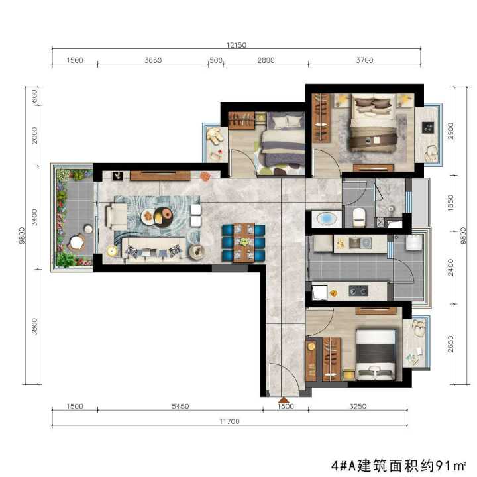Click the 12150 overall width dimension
click(x=236, y=45)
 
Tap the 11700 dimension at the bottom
click(x=229, y=421)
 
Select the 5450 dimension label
click(x=180, y=406)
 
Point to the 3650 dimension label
click(x=153, y=60)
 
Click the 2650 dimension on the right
click(x=450, y=344)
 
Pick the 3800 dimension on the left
click(x=34, y=327)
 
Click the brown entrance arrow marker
click(x=284, y=399)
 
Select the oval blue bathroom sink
click(x=327, y=219)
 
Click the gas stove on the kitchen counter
click(x=358, y=291)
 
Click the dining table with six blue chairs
click(x=244, y=242)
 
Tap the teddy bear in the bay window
click(x=215, y=135)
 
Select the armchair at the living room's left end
click(x=117, y=216)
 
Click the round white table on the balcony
click(x=77, y=242)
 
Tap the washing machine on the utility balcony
click(x=414, y=242)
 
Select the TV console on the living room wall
click(x=160, y=176)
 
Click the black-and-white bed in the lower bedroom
click(x=376, y=354)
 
